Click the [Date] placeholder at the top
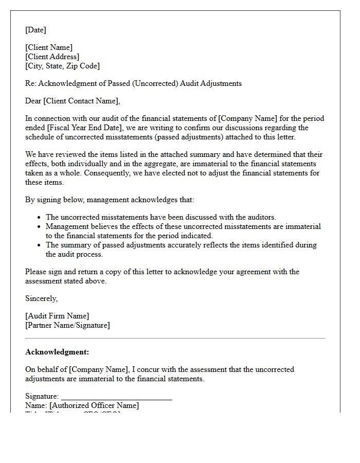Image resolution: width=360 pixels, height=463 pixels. click(x=35, y=30)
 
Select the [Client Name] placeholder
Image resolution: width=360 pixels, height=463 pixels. click(x=49, y=48)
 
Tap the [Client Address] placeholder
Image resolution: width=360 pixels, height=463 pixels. click(x=52, y=57)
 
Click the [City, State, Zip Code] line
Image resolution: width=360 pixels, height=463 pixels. click(x=62, y=66)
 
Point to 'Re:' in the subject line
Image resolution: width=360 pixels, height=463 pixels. click(x=30, y=83)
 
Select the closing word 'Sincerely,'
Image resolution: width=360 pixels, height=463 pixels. click(x=41, y=298)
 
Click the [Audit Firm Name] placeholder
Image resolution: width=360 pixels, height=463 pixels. click(x=57, y=316)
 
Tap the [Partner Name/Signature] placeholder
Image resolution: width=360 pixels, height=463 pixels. click(x=67, y=325)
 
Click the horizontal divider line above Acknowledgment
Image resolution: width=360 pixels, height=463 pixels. click(x=175, y=338)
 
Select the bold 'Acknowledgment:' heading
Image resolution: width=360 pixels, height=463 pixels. click(x=57, y=352)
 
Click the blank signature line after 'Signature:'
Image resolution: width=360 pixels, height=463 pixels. click(x=116, y=397)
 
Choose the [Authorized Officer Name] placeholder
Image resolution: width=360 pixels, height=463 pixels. click(x=94, y=405)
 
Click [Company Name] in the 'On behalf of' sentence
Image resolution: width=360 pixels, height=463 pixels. click(x=98, y=369)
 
